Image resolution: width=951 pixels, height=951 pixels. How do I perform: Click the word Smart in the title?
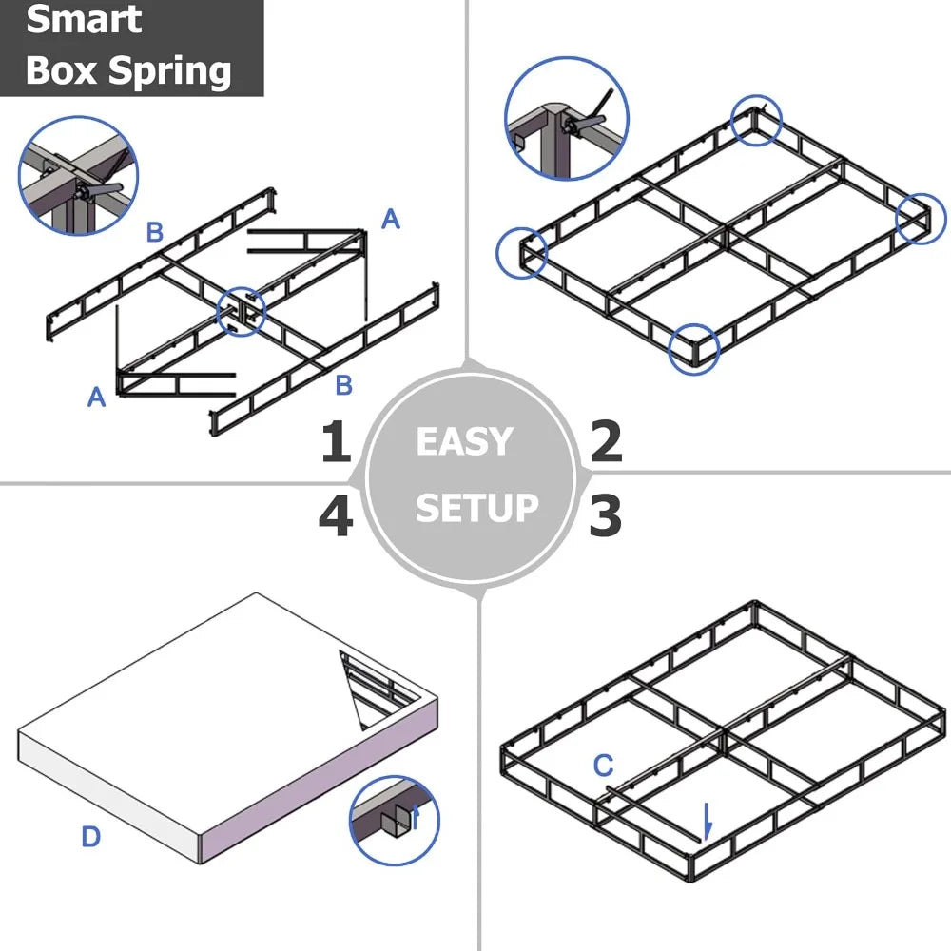[x=84, y=20]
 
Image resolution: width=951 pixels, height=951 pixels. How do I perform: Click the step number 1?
[x=335, y=442]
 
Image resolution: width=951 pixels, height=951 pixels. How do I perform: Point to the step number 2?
[x=606, y=442]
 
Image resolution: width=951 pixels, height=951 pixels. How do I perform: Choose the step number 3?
[x=605, y=515]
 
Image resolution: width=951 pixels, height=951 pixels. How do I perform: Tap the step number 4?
[x=336, y=515]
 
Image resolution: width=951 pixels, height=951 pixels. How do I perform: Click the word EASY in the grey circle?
[x=464, y=442]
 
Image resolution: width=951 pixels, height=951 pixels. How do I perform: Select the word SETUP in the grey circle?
[x=476, y=508]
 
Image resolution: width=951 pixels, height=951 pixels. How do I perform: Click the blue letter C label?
[x=603, y=765]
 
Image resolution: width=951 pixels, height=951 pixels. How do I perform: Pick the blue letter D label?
[x=90, y=837]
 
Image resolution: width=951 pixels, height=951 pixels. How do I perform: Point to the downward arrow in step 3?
[x=707, y=821]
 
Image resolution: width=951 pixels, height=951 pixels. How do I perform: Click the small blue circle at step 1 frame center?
[x=242, y=311]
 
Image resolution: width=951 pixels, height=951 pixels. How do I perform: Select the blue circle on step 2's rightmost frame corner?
[x=921, y=219]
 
